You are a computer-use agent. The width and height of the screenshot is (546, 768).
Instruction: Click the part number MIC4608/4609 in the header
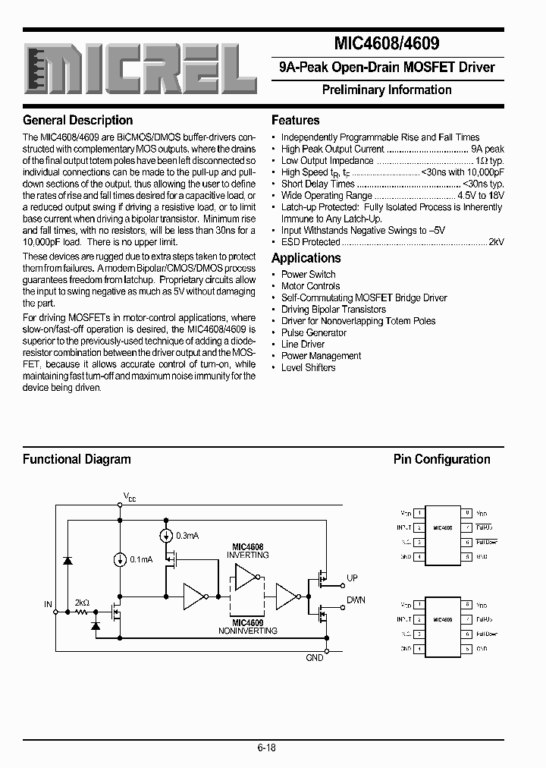[x=387, y=44]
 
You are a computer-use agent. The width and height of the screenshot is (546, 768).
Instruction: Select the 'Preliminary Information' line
[x=387, y=90]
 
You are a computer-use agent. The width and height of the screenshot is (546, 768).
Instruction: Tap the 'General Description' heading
[x=77, y=120]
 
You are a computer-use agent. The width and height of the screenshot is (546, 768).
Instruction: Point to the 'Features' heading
[x=295, y=120]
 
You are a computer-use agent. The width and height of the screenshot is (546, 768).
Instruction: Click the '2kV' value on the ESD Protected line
[x=496, y=242]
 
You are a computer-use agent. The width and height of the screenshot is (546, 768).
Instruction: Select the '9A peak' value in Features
[x=487, y=150]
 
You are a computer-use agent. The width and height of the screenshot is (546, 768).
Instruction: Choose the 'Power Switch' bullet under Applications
[x=308, y=274]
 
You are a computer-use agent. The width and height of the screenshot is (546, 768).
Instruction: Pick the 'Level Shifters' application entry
[x=308, y=367]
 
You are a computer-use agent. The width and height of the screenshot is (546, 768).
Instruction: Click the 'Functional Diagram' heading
[x=77, y=459]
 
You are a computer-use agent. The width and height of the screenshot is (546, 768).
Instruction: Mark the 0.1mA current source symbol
[x=120, y=559]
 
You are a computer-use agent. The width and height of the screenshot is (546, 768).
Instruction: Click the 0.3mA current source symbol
[x=166, y=535]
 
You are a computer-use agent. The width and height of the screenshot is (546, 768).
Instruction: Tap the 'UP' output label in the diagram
[x=352, y=578]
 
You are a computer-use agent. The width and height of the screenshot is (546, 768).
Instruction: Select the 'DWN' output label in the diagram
[x=356, y=600]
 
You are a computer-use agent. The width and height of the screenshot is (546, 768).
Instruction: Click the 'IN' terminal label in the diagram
[x=48, y=605]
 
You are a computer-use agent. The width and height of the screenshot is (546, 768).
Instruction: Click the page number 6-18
[x=265, y=748]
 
